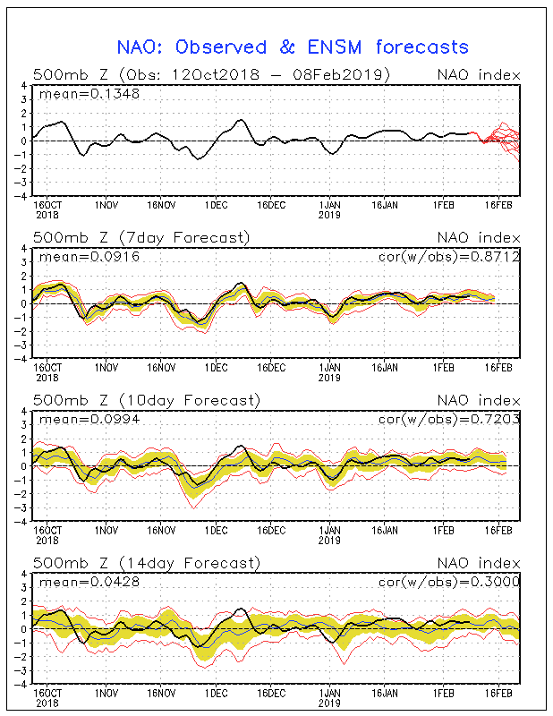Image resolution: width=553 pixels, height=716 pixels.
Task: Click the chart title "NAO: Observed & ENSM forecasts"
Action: click(x=294, y=47)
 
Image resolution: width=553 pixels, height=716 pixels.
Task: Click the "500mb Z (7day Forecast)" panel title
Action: click(x=141, y=237)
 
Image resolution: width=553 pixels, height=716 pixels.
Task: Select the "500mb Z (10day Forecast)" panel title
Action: click(x=146, y=400)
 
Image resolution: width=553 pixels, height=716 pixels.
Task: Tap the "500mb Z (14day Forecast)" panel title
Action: click(x=146, y=563)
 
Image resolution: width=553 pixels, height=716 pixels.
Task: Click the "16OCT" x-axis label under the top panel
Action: click(x=48, y=204)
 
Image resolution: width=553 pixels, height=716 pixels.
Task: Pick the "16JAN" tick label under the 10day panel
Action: click(x=386, y=530)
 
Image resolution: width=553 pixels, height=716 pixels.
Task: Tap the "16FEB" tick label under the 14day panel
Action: click(x=498, y=693)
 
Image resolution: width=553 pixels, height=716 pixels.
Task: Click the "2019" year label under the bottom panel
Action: click(x=330, y=703)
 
